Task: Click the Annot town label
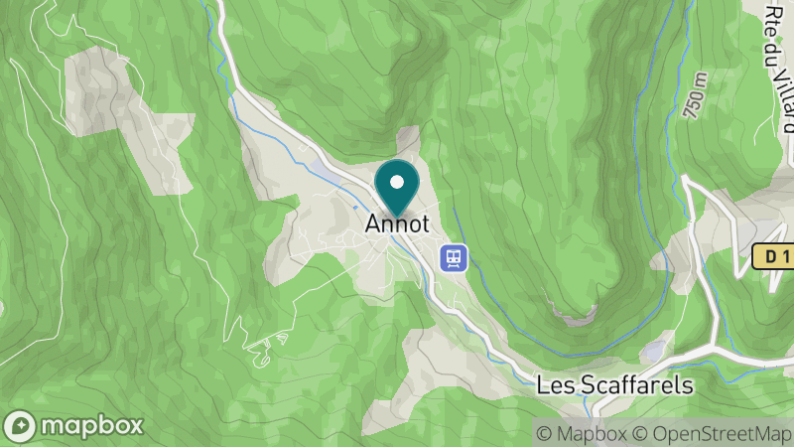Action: tap(398, 224)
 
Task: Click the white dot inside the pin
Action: tap(398, 182)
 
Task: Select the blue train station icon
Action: tap(454, 257)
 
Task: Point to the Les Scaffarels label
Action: tap(613, 385)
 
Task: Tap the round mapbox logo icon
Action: tap(20, 426)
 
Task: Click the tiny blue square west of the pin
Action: tap(356, 208)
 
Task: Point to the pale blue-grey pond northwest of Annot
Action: tap(323, 168)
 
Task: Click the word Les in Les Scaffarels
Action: tap(553, 385)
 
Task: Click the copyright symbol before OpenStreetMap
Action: tap(641, 433)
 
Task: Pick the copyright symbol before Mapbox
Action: tap(543, 433)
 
